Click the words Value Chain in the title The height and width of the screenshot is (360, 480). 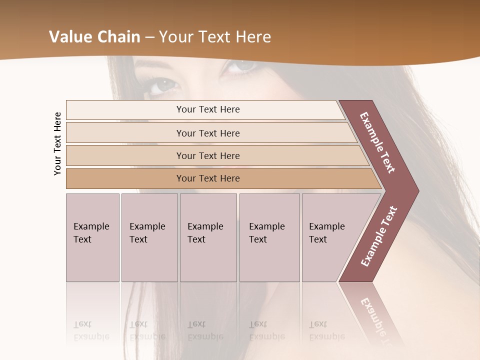pos(94,37)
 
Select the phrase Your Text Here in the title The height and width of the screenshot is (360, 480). pos(215,37)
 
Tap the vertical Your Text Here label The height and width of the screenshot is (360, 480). pos(57,143)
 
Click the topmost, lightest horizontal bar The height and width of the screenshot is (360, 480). pos(207,109)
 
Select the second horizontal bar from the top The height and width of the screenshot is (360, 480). pos(207,133)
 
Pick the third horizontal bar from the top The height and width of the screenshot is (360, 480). pos(207,155)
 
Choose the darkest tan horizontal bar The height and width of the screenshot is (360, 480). pos(207,178)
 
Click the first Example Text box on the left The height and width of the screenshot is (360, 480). pos(92,237)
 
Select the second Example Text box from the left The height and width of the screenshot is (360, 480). pos(149,237)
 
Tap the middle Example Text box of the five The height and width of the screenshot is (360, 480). pos(208,237)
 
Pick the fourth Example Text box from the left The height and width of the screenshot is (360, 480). pos(269,237)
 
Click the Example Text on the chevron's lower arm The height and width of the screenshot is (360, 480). pos(379,236)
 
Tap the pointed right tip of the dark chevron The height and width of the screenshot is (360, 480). pos(417,191)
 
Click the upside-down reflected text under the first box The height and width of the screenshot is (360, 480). pos(91,330)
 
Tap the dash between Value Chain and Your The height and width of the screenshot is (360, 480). pos(149,37)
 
